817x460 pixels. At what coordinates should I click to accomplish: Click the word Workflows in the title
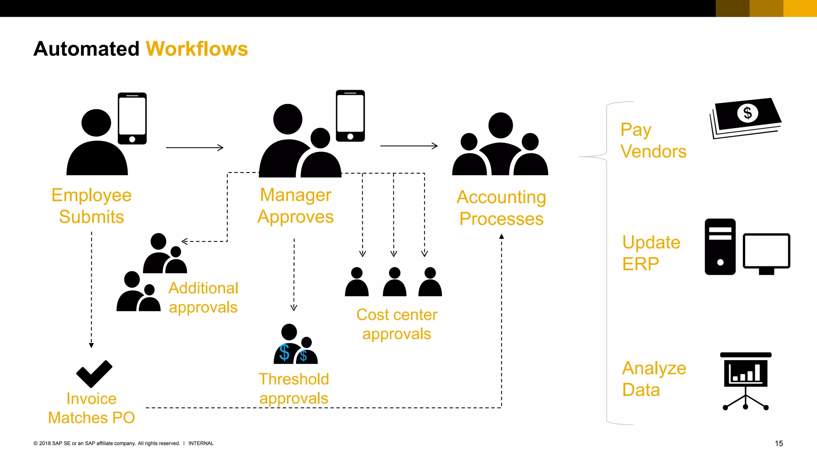[197, 49]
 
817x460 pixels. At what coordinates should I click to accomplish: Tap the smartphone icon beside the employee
[132, 118]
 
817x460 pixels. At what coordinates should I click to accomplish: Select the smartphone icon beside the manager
[350, 115]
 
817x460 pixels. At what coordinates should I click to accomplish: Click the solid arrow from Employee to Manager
[195, 148]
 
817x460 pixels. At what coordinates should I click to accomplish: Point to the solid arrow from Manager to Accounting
[409, 146]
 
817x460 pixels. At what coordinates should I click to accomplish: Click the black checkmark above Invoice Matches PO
[94, 374]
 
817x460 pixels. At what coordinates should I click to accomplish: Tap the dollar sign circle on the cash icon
[747, 113]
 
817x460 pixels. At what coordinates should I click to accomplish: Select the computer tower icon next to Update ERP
[720, 246]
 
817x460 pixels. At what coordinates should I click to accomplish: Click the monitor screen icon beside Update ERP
[766, 252]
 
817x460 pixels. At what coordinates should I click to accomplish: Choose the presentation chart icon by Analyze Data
[746, 379]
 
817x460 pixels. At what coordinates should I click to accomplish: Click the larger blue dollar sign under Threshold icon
[284, 353]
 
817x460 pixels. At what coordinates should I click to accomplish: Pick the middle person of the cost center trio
[394, 282]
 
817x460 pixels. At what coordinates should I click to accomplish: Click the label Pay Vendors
[653, 141]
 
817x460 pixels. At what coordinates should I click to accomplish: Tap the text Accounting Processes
[501, 208]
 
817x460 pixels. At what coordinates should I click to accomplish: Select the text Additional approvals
[203, 297]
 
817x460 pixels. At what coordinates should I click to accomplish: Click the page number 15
[779, 443]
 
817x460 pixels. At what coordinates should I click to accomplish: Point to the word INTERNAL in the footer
[201, 443]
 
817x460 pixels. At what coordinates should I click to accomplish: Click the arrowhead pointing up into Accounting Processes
[501, 236]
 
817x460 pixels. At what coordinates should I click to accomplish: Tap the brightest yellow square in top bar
[800, 8]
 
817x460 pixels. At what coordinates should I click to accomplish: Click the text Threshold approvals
[294, 389]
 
